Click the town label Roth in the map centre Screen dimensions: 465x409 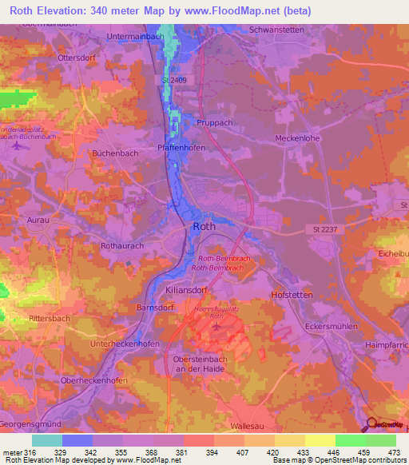(x=203, y=227)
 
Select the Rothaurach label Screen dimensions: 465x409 (x=122, y=246)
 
